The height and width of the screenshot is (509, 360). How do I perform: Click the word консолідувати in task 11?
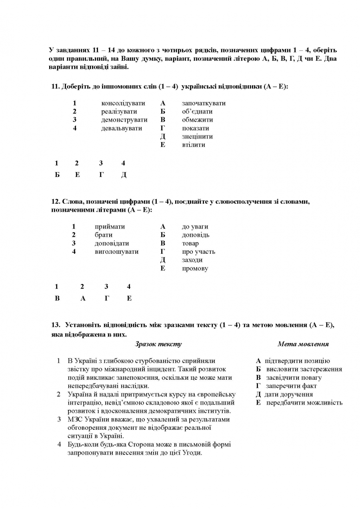[123, 103]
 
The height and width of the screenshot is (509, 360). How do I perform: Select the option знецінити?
[197, 136]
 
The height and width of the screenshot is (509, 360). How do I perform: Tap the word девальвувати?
[121, 128]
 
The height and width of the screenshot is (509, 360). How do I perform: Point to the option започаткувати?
[204, 103]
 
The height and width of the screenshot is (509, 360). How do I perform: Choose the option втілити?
[193, 145]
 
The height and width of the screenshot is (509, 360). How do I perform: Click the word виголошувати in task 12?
[116, 252]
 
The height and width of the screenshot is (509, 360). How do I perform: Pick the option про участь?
[198, 252]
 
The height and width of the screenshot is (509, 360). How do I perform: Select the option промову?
[195, 269]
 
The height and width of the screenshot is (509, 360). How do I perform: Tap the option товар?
[190, 243]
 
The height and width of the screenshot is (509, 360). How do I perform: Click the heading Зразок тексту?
[158, 344]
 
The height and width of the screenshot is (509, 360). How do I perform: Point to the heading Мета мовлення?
[303, 344]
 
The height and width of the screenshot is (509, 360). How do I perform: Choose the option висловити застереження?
[304, 369]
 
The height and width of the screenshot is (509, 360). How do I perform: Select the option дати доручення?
[288, 395]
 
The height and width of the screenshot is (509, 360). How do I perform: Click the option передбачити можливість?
[304, 403]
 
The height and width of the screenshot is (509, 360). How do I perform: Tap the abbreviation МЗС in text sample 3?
[74, 419]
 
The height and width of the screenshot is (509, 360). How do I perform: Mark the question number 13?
[55, 325]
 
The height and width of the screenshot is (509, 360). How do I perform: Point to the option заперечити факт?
[291, 386]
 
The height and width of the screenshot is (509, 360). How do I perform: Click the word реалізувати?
[119, 112]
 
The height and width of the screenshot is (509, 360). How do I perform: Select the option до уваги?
[195, 226]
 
